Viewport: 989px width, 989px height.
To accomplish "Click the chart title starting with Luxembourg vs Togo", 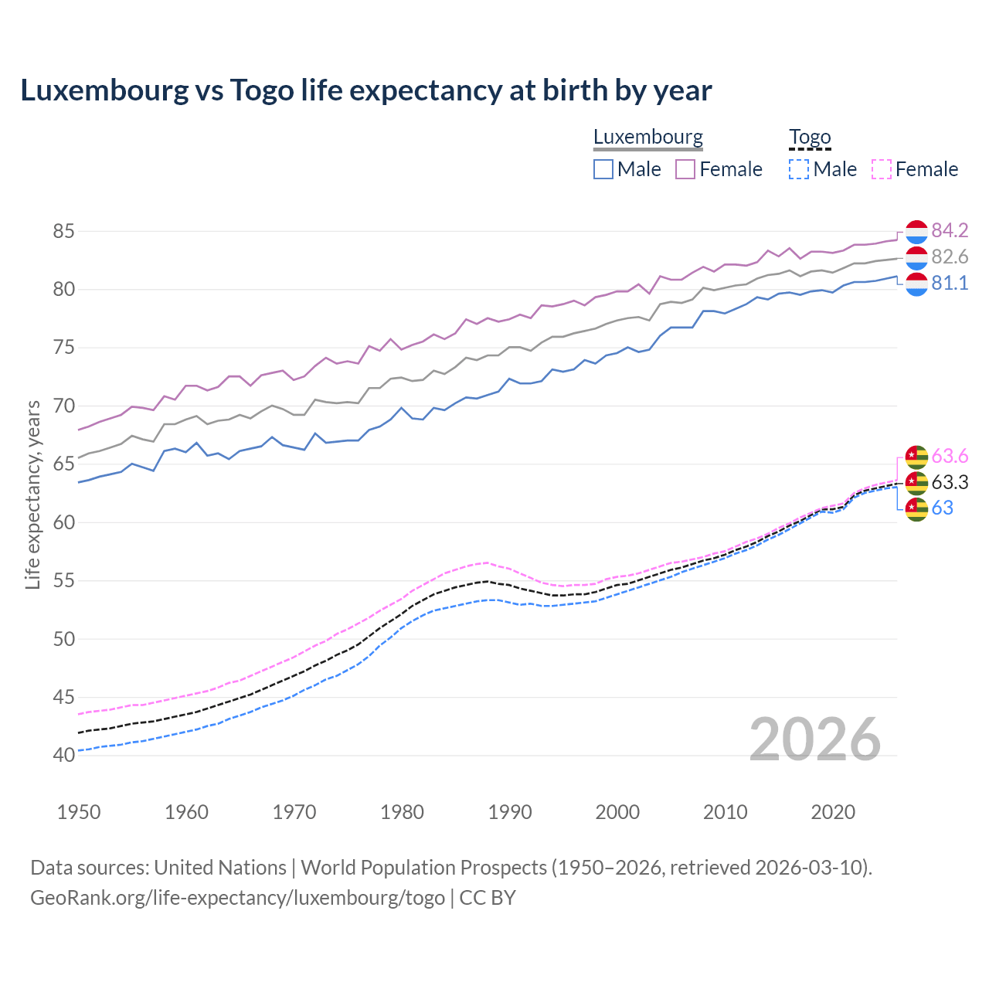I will point(365,90).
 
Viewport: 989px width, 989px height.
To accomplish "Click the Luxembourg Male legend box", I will point(603,169).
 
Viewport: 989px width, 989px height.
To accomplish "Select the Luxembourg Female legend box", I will point(685,169).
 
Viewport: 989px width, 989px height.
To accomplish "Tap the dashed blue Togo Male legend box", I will point(799,169).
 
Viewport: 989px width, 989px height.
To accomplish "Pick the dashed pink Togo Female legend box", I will point(881,169).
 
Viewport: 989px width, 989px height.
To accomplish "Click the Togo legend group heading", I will point(810,138).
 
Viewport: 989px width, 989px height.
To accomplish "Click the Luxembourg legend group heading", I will point(647,138).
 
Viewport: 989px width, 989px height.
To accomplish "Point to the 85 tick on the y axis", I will point(63,231).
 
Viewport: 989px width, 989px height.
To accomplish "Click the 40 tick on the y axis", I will point(63,755).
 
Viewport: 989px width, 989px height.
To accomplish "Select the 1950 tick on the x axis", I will point(79,812).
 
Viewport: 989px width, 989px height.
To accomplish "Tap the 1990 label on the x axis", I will point(510,812).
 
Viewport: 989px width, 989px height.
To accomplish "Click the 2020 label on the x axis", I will point(833,812).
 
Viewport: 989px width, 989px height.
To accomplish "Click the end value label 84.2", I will point(950,230).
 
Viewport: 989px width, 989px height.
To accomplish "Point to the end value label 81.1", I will point(950,284).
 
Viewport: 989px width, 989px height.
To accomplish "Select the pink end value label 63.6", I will point(950,456).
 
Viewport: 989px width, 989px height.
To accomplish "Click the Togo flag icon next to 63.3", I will point(916,483).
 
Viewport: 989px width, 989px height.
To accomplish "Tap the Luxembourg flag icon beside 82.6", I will point(916,257).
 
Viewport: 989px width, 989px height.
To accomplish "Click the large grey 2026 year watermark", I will point(814,739).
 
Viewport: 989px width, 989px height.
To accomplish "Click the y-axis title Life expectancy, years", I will point(32,494).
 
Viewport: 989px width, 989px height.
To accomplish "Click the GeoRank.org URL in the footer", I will point(237,898).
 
